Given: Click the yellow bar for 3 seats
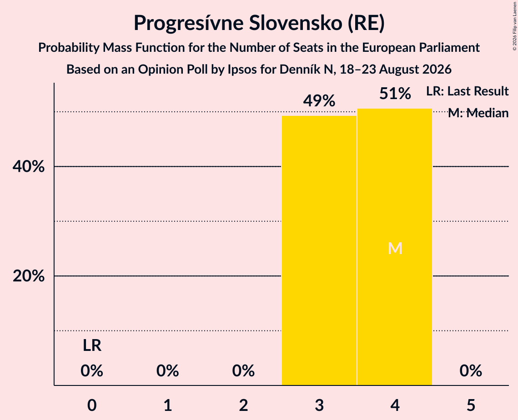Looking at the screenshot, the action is (319, 250).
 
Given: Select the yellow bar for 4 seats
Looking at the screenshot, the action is (395, 247).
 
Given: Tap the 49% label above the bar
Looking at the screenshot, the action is (319, 101).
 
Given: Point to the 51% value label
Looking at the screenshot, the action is (395, 94).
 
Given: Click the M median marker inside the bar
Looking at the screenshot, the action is (395, 248).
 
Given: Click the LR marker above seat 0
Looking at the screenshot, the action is (92, 345).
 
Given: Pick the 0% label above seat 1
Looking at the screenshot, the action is (167, 370).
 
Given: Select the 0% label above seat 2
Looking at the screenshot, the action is (243, 370).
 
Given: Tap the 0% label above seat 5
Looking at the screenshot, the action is (471, 370).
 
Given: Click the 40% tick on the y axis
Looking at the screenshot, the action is (28, 167).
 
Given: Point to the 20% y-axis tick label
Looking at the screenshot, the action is (28, 276).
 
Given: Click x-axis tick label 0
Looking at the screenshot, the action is (92, 405).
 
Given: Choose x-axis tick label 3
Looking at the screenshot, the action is (319, 405).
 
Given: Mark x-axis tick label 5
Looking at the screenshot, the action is (471, 405).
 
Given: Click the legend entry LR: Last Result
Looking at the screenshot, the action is (468, 91).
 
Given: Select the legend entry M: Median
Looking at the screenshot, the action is (478, 113).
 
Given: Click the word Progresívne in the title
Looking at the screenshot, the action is (188, 24).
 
